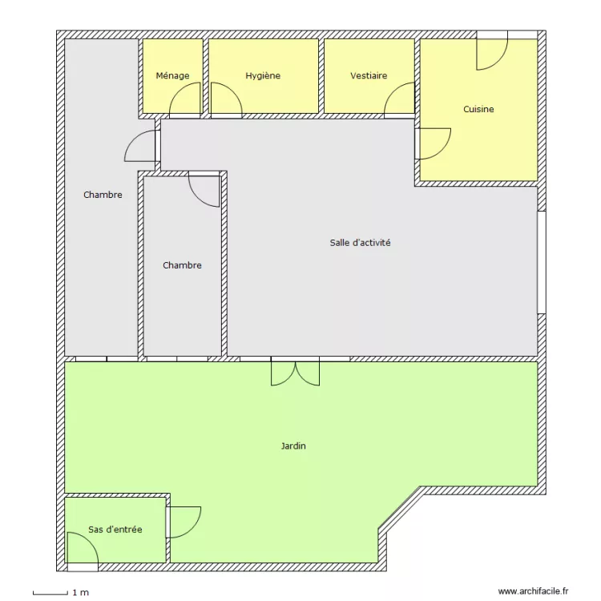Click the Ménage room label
point(172,76)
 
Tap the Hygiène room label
point(263,76)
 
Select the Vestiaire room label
point(369,76)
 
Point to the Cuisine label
point(478,109)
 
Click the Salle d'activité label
point(360,242)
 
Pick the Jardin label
point(293,446)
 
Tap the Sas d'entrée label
point(115,530)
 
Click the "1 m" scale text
point(80,593)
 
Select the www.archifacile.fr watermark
point(533,591)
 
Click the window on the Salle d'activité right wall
point(541,262)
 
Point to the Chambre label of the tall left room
point(103,195)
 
